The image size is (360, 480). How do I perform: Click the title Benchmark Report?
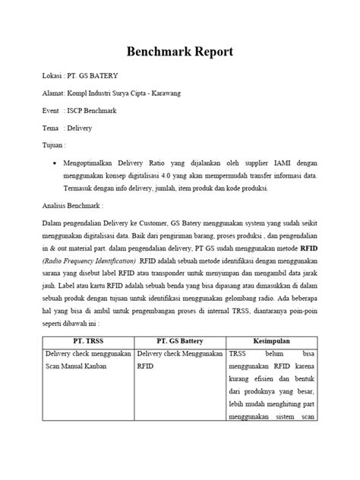[180, 52]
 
